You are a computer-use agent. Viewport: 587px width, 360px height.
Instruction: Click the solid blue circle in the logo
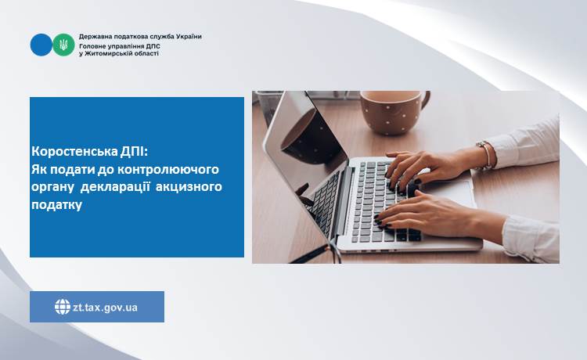(x=41, y=45)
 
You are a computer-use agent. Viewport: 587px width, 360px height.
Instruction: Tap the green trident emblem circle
(x=63, y=45)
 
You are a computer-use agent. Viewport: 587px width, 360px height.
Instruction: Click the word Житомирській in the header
(x=109, y=53)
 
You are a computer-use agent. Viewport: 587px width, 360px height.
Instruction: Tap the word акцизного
(x=189, y=186)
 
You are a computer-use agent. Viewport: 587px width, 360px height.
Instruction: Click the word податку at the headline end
(x=57, y=205)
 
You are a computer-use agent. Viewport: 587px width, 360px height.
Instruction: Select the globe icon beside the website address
(x=63, y=307)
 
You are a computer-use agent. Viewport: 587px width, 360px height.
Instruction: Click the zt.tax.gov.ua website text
(x=105, y=308)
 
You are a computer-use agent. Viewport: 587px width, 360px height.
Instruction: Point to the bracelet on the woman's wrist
(x=486, y=155)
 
